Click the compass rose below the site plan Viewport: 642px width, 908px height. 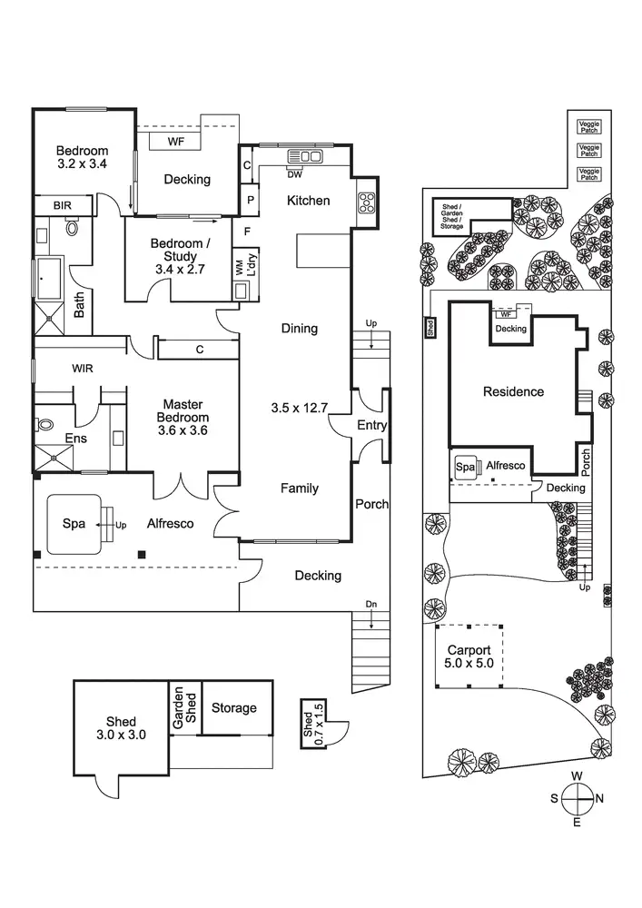[x=576, y=798]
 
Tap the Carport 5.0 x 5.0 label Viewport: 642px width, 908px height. [x=469, y=657]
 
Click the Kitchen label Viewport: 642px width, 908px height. [x=309, y=201]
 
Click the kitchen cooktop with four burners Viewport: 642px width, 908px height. [x=368, y=202]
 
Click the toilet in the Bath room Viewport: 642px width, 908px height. [x=73, y=229]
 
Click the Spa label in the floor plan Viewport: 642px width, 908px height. [x=74, y=524]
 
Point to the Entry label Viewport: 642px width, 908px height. [x=372, y=425]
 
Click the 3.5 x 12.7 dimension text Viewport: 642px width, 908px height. [x=298, y=408]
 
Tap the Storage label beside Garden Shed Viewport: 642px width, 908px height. [x=233, y=708]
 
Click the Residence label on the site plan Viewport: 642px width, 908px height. [x=513, y=391]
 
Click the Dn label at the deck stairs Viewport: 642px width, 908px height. [x=370, y=604]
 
